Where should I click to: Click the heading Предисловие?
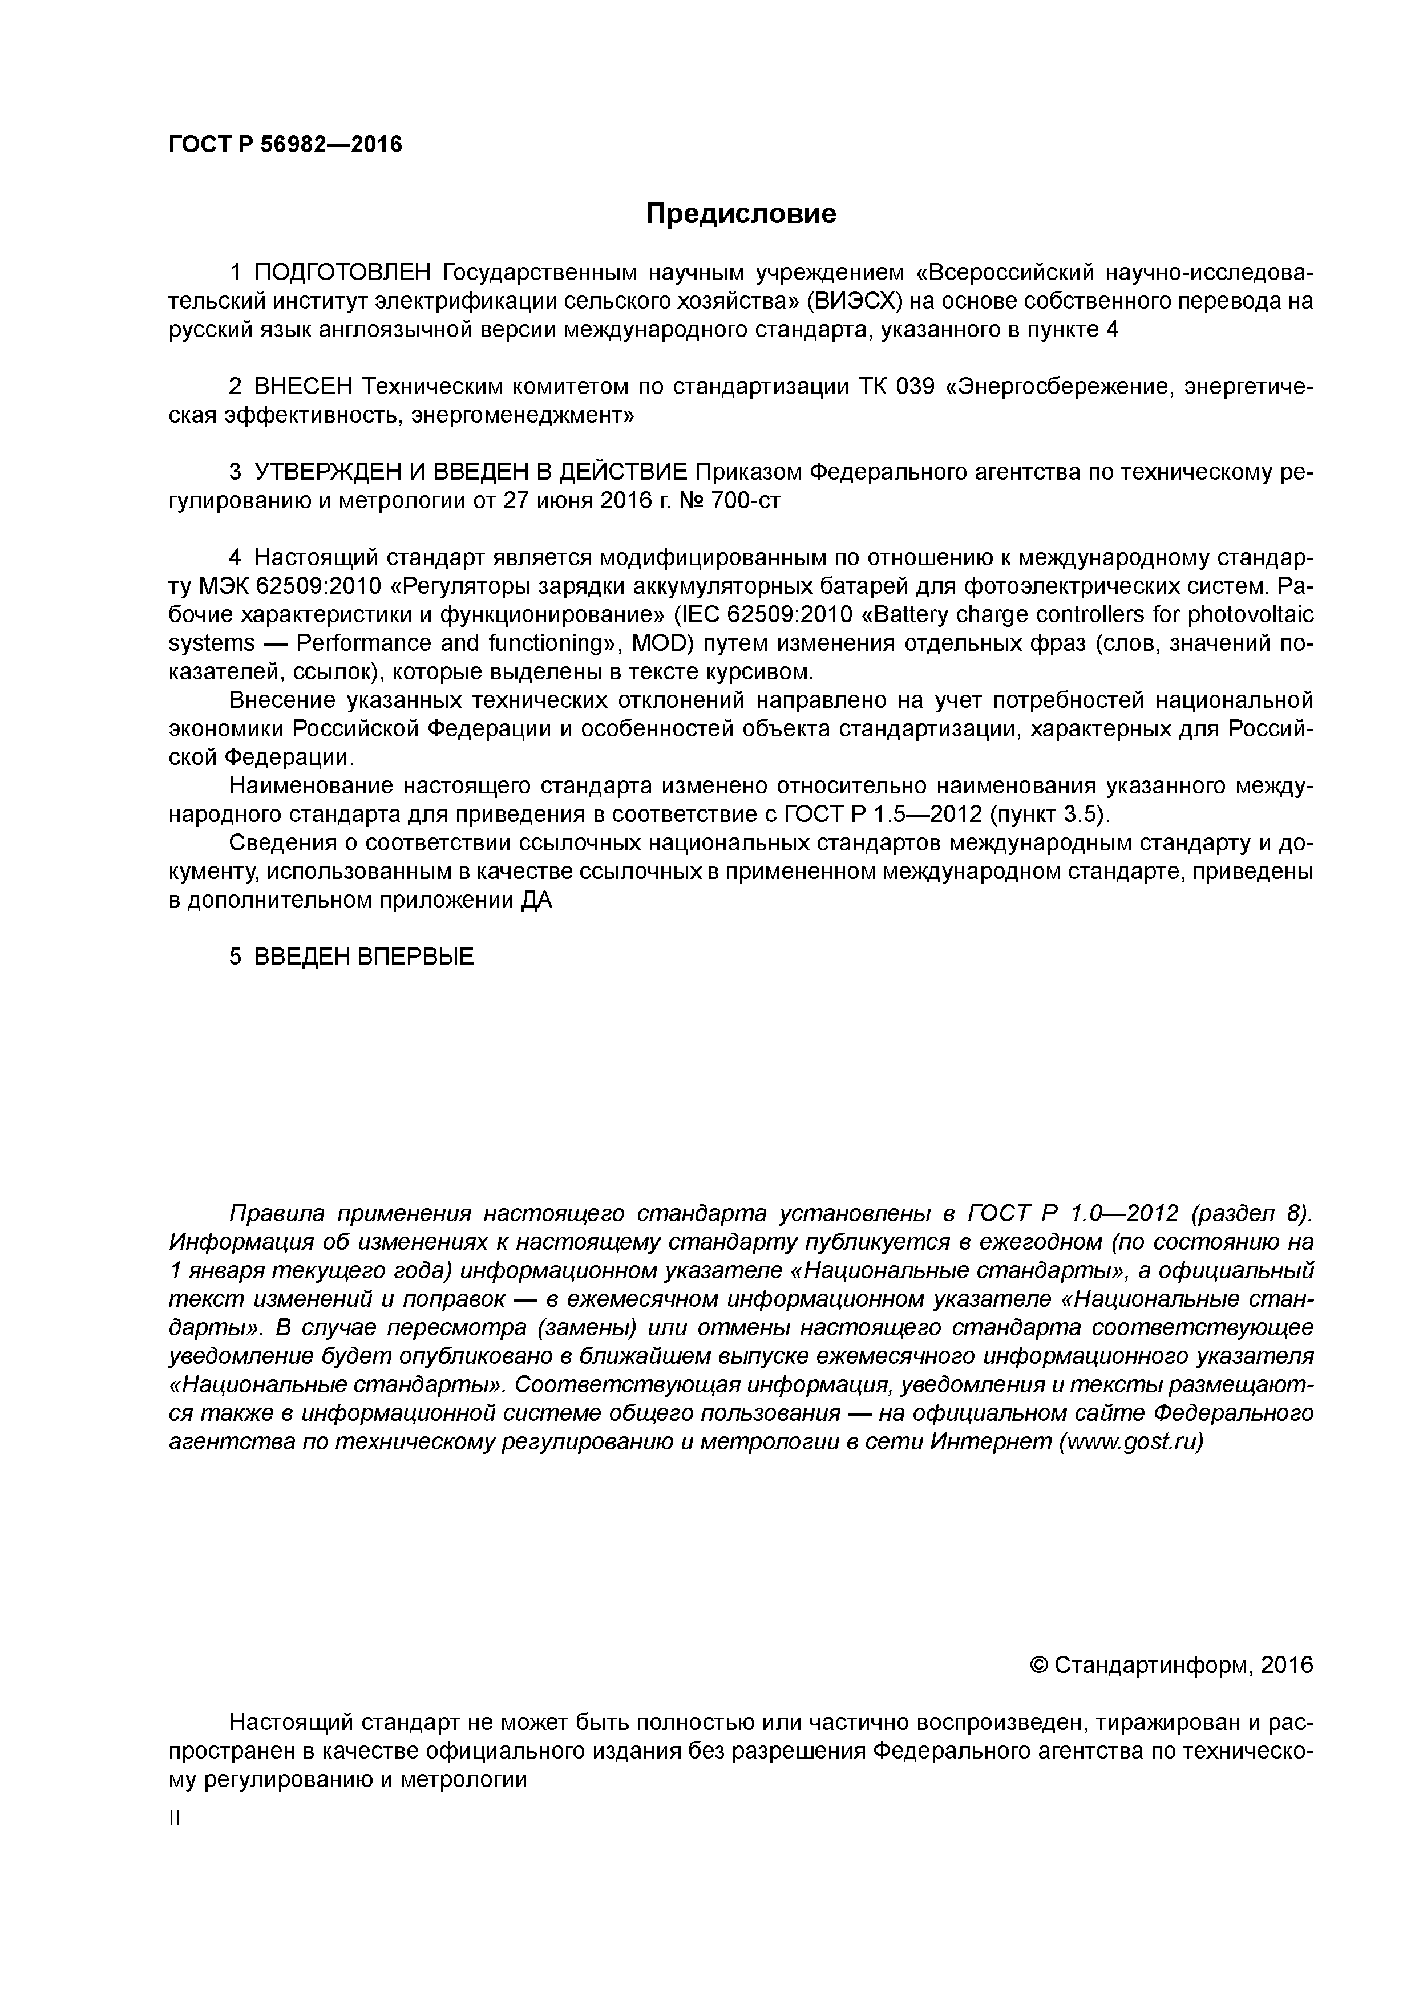[x=740, y=213]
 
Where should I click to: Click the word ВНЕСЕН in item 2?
[x=302, y=387]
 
